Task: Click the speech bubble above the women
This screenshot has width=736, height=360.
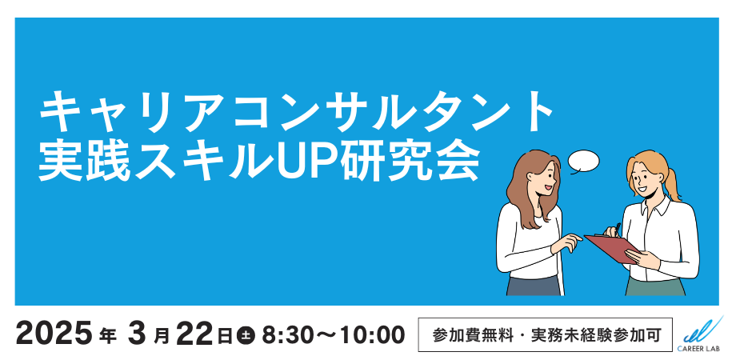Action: point(583,162)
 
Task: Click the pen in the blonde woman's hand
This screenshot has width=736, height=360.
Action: point(617,230)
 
